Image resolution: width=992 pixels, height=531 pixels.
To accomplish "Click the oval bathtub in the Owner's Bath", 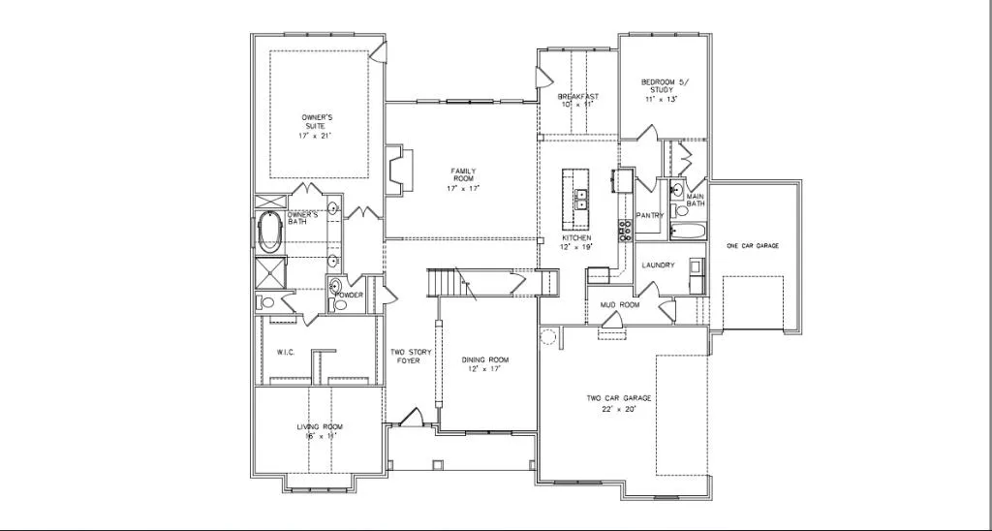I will (270, 233).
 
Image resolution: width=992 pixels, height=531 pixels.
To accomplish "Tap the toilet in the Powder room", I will (339, 305).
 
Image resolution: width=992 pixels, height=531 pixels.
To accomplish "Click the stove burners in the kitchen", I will (626, 231).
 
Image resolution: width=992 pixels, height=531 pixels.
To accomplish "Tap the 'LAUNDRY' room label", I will (659, 265).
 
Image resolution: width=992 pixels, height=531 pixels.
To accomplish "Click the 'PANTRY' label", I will (649, 215).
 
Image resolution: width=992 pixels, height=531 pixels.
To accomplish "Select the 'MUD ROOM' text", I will (620, 304).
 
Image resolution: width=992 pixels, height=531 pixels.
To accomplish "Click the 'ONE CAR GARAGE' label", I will (753, 245).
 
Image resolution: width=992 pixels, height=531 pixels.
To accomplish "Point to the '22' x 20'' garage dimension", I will (618, 410).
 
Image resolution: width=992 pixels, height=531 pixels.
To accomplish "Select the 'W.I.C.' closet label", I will (286, 352).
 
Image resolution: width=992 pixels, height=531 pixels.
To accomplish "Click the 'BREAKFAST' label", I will (577, 96).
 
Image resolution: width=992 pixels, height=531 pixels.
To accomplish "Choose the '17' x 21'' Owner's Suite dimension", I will (315, 136).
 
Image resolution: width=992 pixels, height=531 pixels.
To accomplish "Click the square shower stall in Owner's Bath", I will (272, 272).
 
